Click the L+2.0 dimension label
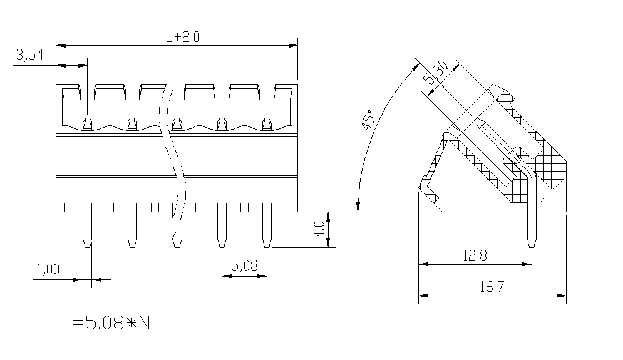coord(182,37)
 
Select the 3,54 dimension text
coord(29,55)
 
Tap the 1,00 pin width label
coord(48,269)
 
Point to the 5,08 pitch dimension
coord(244,265)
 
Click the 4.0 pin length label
coord(320,230)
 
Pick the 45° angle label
coord(368,120)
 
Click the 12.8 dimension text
coord(475,256)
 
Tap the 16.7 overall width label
coord(492,287)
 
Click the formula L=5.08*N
coord(105,323)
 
